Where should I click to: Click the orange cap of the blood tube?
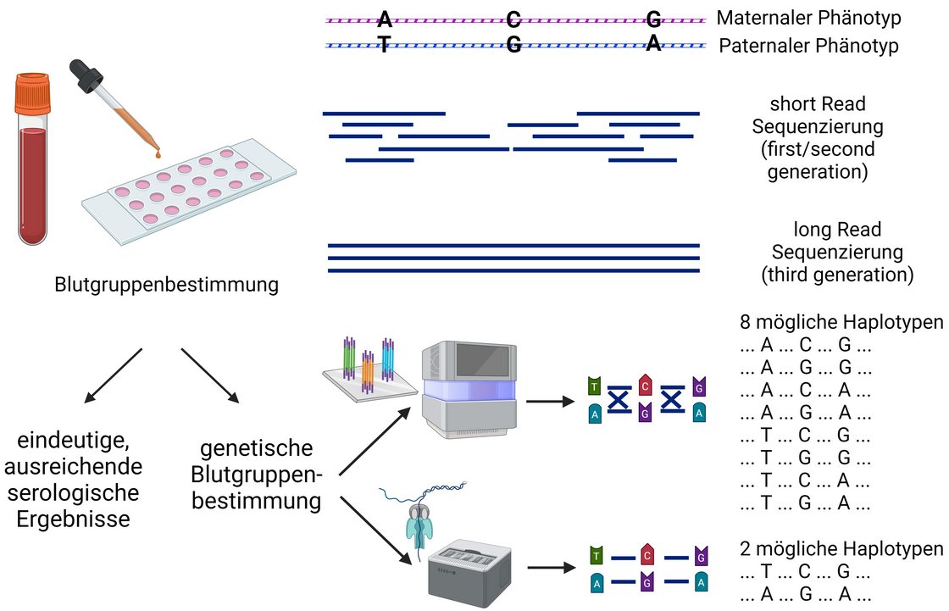33,93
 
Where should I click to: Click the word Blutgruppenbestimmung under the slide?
166,284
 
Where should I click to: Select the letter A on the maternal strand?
385,19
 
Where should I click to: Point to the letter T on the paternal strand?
384,44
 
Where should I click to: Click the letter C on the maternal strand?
513,19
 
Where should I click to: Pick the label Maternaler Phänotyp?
808,18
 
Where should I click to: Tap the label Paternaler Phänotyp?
808,46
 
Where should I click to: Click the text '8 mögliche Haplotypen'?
841,321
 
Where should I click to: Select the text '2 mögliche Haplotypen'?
841,548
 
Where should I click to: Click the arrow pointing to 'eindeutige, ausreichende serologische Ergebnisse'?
114,375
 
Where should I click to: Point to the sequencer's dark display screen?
482,360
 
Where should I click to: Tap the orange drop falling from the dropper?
158,154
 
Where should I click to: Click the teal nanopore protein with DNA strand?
421,521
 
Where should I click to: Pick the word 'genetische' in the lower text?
257,448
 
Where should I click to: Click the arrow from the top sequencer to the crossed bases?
550,401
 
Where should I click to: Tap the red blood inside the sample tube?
33,185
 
